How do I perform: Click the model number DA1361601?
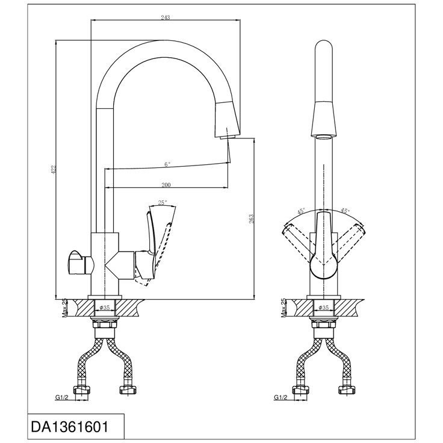(69, 427)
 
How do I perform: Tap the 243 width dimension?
(166, 17)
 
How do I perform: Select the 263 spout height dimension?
(251, 219)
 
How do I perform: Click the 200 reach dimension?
(166, 185)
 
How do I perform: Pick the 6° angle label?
(167, 164)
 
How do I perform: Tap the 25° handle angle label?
(163, 203)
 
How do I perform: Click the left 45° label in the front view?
(301, 211)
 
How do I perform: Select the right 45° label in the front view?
(345, 211)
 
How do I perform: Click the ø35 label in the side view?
(105, 308)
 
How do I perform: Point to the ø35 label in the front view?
(324, 308)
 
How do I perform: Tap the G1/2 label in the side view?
(61, 397)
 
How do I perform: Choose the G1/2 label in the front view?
(280, 397)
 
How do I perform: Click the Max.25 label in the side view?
(64, 308)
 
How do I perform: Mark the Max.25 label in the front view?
(283, 308)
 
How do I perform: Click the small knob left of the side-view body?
(81, 262)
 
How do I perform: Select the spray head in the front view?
(324, 120)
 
